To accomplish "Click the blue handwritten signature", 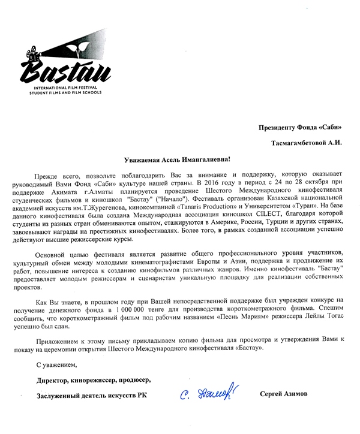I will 208,393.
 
